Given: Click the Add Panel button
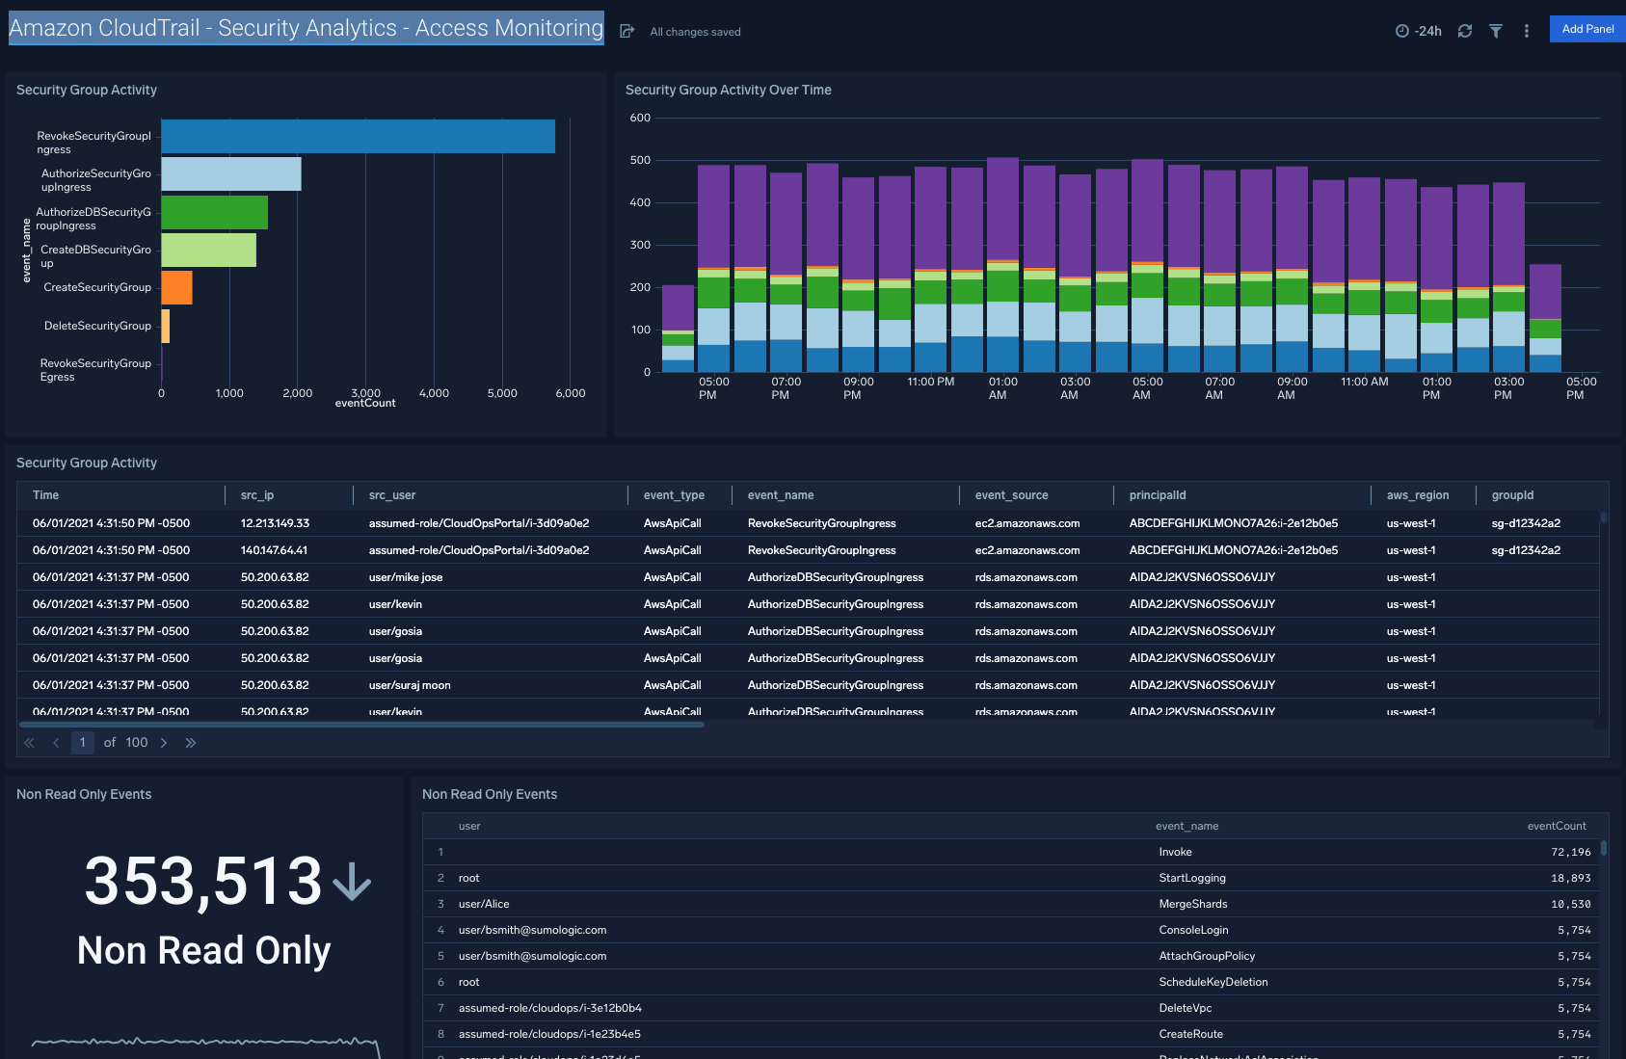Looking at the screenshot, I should [1586, 29].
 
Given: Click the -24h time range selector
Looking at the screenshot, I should [1419, 31].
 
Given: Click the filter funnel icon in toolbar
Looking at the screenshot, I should [1495, 31].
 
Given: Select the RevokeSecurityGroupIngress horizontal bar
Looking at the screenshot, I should [358, 137].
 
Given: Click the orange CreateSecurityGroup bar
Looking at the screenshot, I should [176, 287].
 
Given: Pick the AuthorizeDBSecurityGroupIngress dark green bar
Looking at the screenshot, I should [214, 212].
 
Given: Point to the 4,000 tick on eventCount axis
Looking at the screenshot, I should [434, 393].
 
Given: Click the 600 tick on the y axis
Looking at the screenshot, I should [640, 118].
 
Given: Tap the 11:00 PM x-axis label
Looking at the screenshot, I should [930, 382].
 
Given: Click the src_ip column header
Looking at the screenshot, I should [257, 495].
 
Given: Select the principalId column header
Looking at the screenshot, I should [1158, 495].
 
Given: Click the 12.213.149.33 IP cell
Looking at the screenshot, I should [275, 523].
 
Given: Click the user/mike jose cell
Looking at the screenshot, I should [406, 577].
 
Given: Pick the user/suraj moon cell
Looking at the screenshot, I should [410, 685].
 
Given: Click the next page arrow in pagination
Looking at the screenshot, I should [164, 743].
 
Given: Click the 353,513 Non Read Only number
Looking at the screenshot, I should [203, 881].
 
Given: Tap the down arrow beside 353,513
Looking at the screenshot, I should [352, 881].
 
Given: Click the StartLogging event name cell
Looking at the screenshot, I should [1192, 878].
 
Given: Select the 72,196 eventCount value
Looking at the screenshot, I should [1570, 852].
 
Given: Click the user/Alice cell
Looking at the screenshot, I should [484, 904].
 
